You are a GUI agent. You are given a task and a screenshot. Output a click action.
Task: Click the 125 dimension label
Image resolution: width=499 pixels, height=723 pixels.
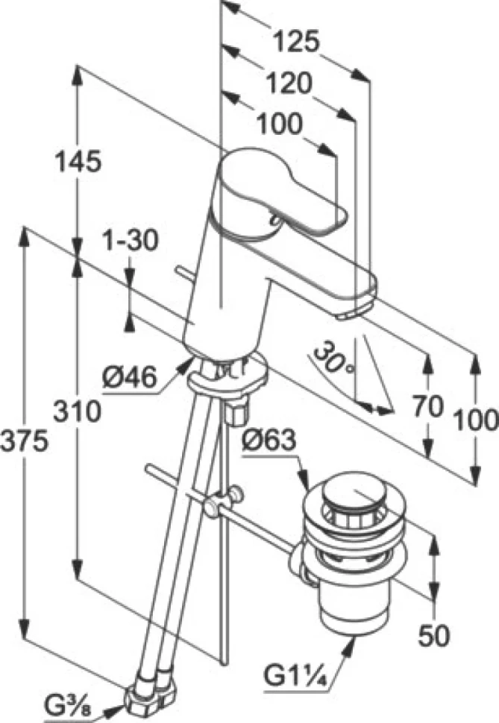296,42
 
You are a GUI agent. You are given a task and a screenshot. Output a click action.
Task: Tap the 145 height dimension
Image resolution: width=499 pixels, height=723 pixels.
78,162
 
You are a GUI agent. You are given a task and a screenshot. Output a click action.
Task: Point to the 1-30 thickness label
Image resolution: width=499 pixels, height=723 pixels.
129,241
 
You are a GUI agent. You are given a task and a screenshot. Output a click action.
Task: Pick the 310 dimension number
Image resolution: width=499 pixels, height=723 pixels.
77,411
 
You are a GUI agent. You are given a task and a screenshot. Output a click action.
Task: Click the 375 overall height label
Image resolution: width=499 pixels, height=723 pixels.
25,441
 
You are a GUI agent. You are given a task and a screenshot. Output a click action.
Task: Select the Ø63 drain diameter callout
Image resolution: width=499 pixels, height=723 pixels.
269,441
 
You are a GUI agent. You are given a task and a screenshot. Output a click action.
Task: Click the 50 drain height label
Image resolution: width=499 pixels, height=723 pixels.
433,636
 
